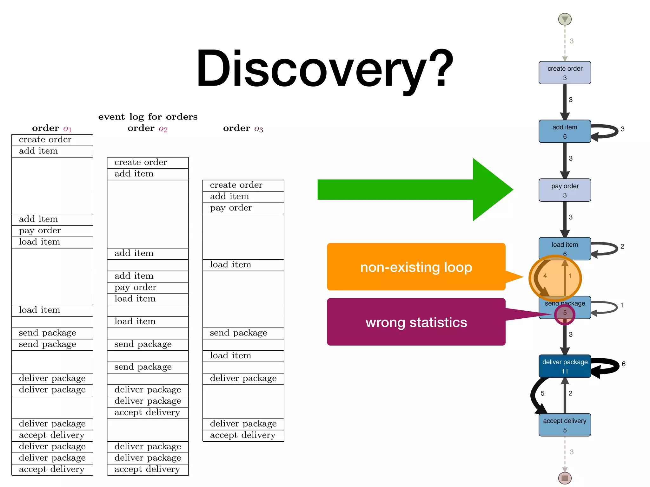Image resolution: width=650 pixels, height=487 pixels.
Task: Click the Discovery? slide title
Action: tap(324, 68)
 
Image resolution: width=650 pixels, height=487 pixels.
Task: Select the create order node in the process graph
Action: tap(565, 73)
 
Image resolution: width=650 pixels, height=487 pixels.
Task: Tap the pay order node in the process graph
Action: tap(565, 190)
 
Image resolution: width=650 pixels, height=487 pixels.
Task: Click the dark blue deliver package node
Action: tap(565, 366)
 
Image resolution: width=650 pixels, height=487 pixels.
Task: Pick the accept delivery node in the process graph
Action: tap(565, 425)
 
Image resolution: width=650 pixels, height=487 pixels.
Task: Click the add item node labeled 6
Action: tap(565, 131)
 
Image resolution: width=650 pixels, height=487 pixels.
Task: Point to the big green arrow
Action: tap(413, 190)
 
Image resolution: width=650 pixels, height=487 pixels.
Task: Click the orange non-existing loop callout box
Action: tap(416, 267)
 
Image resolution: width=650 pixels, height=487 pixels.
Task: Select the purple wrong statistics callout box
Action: tap(416, 322)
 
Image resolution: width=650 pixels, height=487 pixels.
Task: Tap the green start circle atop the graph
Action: tap(565, 19)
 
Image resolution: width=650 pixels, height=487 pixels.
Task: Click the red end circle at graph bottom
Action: tap(565, 478)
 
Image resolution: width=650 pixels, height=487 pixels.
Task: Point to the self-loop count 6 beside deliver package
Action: tap(623, 364)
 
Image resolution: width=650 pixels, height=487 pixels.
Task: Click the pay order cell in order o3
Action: tap(243, 208)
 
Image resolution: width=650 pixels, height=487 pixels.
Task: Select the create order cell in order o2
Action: tap(148, 163)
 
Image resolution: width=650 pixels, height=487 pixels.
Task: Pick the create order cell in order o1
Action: tap(52, 140)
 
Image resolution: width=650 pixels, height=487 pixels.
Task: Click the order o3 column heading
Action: tap(243, 128)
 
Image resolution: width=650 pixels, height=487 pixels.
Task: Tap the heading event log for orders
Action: tap(148, 117)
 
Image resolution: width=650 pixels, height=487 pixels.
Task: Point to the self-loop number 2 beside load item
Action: tap(622, 246)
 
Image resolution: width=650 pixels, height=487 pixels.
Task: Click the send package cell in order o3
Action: tap(243, 333)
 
